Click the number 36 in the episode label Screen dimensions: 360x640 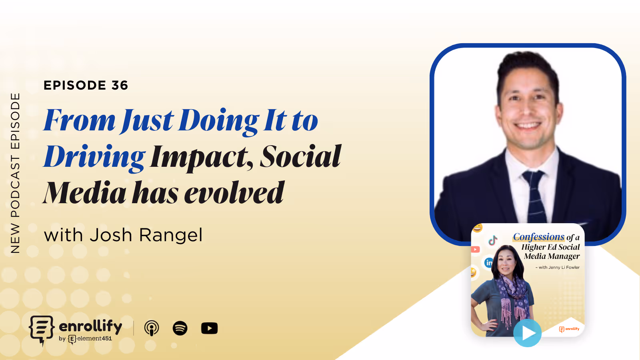tap(120, 85)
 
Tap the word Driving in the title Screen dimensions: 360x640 tap(94, 157)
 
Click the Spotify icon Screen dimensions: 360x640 tap(180, 328)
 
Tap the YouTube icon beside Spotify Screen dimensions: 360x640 tap(209, 328)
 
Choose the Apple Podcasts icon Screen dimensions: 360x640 tap(152, 328)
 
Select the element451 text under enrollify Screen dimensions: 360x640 tap(94, 339)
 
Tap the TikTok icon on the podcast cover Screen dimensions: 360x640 tap(493, 240)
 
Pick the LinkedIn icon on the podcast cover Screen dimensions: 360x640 tap(489, 263)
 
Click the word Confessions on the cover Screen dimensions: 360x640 tap(538, 237)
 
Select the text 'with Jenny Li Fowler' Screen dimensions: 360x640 tap(558, 267)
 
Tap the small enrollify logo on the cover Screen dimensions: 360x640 tap(569, 329)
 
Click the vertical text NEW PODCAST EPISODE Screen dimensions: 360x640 tap(15, 173)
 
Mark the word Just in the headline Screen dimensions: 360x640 tap(148, 121)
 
